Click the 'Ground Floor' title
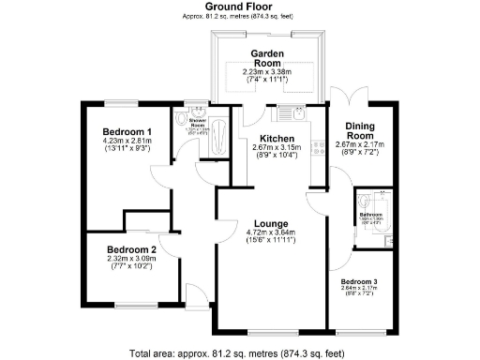[239, 8]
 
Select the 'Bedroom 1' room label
[126, 131]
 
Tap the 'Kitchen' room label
[275, 138]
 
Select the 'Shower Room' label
[199, 122]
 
